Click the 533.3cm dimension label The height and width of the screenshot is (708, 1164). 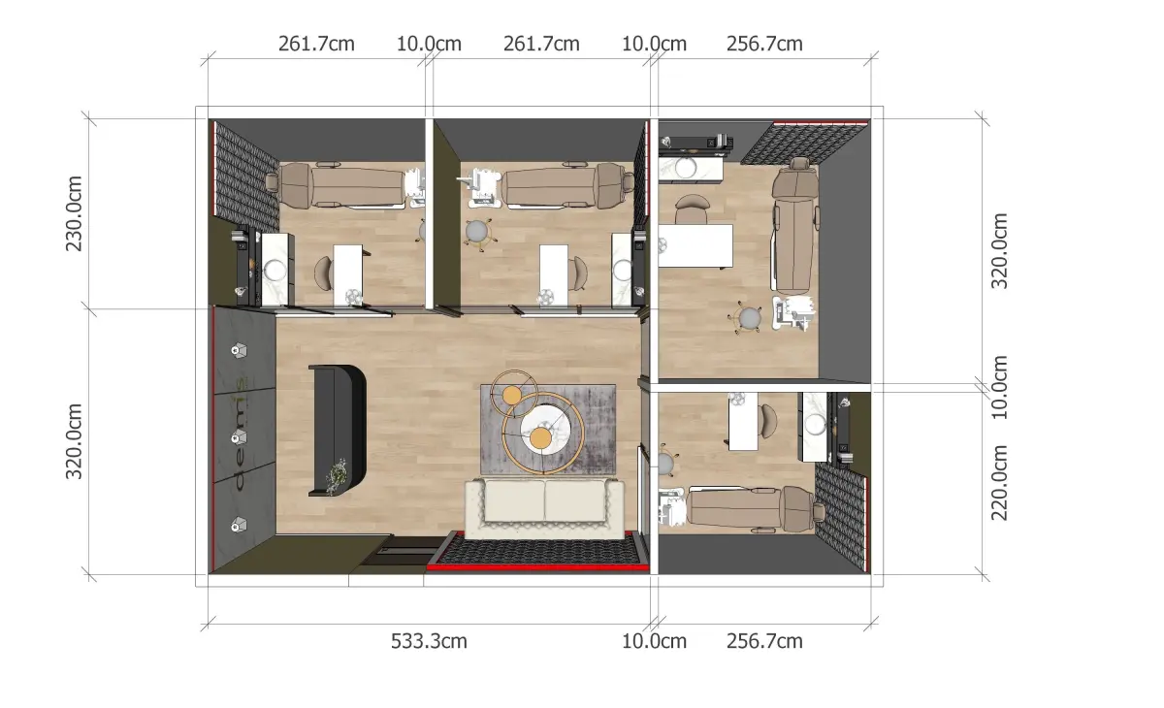pyautogui.click(x=429, y=641)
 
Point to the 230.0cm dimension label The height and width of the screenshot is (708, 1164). pyautogui.click(x=74, y=213)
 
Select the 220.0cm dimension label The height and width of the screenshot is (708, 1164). pyautogui.click(x=999, y=483)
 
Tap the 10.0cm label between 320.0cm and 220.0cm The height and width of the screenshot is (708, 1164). pyautogui.click(x=999, y=388)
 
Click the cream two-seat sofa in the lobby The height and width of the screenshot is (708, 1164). pyautogui.click(x=544, y=509)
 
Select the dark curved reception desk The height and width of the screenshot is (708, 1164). pyautogui.click(x=339, y=430)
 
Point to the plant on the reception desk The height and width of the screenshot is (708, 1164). pyautogui.click(x=337, y=475)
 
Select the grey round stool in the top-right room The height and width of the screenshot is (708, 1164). pyautogui.click(x=749, y=317)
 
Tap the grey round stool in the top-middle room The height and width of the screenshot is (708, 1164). pyautogui.click(x=477, y=232)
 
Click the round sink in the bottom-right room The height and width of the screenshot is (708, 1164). pyautogui.click(x=814, y=424)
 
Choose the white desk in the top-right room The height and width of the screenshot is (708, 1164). pyautogui.click(x=695, y=245)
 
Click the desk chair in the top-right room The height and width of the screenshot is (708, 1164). pyautogui.click(x=692, y=209)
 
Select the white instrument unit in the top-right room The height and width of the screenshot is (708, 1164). pyautogui.click(x=793, y=312)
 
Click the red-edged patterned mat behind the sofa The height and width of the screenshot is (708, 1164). pyautogui.click(x=538, y=551)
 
